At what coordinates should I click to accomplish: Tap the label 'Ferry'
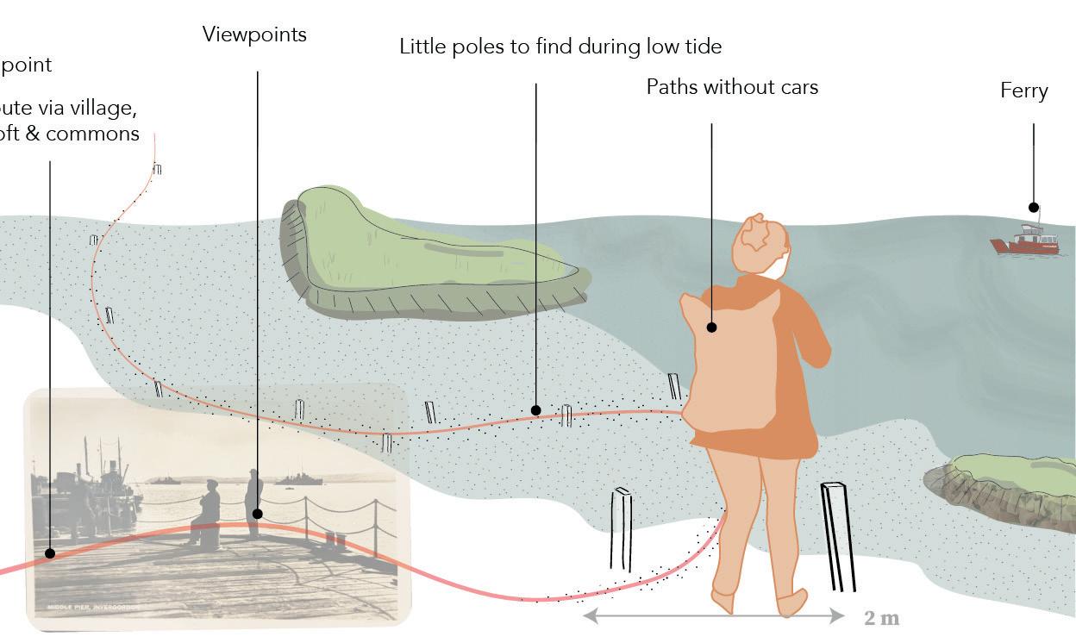1023,91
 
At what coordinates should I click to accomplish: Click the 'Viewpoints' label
254,34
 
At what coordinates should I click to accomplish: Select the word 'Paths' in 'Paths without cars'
671,87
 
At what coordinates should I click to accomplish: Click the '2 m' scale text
881,618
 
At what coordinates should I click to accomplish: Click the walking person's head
760,243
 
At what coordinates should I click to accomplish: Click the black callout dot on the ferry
1033,207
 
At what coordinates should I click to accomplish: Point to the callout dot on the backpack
712,328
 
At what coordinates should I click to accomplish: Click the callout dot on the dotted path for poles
535,410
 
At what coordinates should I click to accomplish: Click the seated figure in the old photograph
208,513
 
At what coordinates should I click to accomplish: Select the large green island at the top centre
422,254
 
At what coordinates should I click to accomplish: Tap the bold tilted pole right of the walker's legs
837,536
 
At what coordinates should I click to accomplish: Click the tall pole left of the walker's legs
622,529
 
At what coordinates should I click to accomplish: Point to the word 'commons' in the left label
93,134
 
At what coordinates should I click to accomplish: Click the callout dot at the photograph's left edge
50,553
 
